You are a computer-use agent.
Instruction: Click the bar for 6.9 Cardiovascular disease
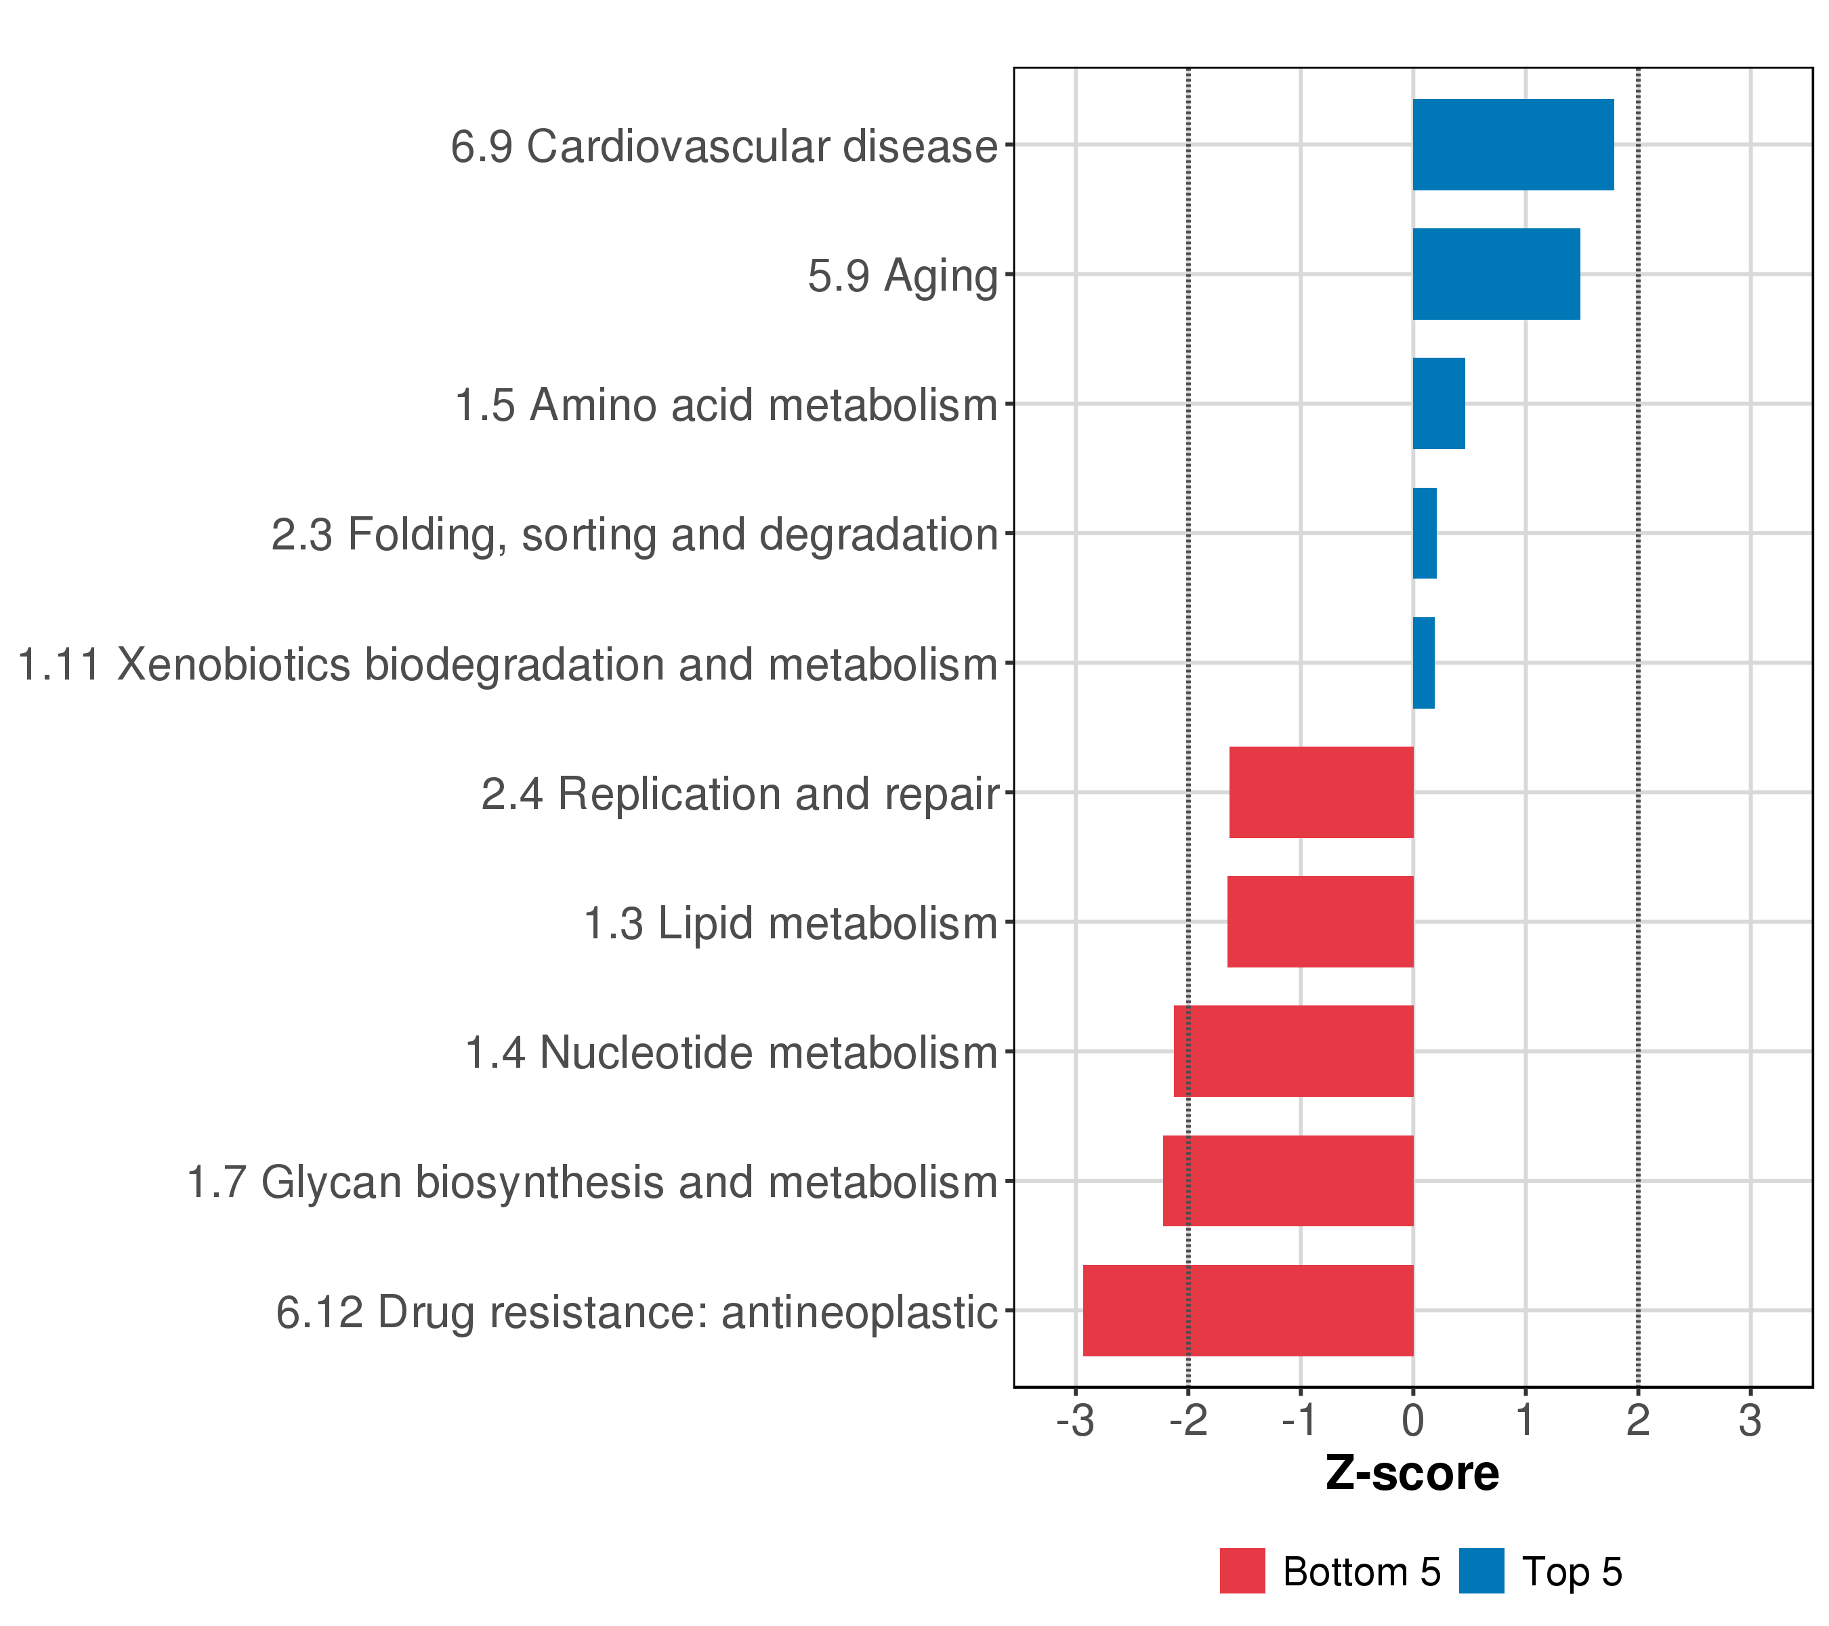(x=1512, y=145)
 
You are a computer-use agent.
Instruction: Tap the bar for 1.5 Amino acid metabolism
(x=1438, y=404)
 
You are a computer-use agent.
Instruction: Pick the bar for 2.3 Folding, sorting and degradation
(x=1424, y=533)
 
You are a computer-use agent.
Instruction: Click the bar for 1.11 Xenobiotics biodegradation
(x=1423, y=663)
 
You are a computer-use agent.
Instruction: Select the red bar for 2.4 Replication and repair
(x=1321, y=792)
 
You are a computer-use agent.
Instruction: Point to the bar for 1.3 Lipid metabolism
(x=1320, y=921)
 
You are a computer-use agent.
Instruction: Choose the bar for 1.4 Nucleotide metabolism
(x=1293, y=1051)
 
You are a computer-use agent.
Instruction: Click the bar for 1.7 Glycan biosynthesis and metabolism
(x=1288, y=1182)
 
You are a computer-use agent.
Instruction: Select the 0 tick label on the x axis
(x=1413, y=1421)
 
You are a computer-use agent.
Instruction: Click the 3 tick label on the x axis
(x=1750, y=1421)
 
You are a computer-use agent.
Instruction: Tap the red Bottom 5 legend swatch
(x=1242, y=1571)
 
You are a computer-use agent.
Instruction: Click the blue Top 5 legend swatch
(x=1481, y=1571)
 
